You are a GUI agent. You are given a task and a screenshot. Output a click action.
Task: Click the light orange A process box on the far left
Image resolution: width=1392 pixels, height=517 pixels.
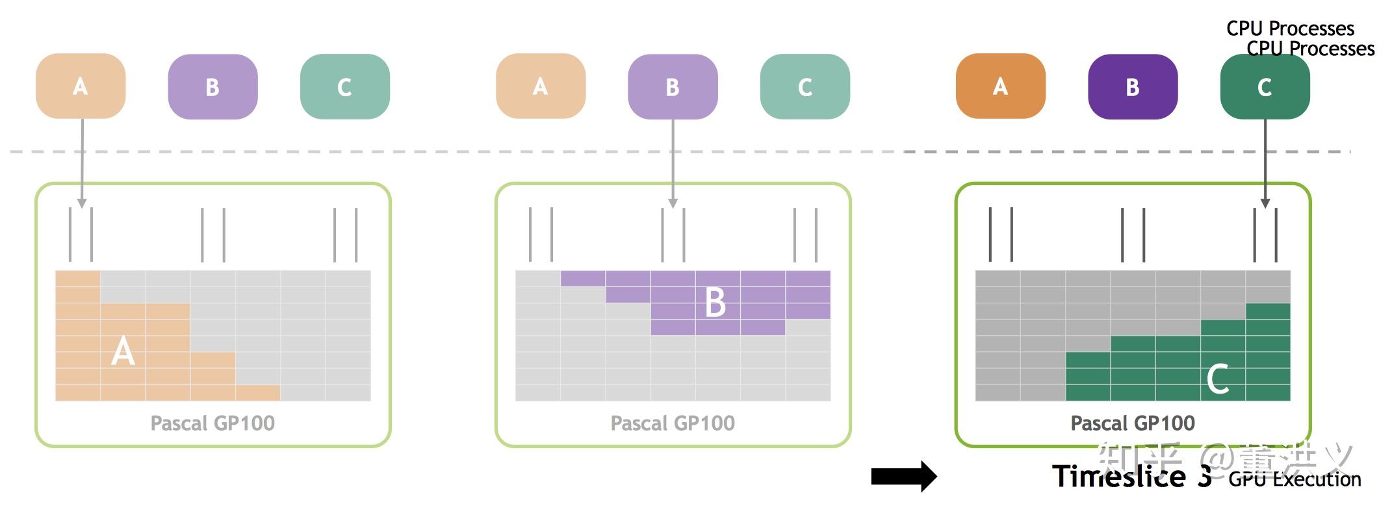click(x=81, y=86)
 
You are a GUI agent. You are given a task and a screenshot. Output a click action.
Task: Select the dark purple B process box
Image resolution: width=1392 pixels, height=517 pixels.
click(x=1132, y=86)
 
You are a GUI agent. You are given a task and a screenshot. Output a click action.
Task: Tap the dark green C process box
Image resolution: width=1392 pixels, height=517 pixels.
click(x=1265, y=86)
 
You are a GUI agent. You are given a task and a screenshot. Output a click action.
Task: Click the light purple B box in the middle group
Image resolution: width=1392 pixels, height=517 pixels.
click(x=673, y=86)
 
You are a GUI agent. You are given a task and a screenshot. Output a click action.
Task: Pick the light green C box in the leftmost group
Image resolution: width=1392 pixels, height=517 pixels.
click(x=344, y=86)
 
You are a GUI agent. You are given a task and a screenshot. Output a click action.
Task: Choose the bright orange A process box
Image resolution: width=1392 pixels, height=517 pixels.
click(x=1000, y=86)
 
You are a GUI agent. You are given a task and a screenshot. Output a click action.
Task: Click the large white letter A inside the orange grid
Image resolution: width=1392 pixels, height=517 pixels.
click(x=123, y=351)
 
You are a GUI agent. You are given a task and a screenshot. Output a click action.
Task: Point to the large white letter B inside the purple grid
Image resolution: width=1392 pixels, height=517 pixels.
click(x=715, y=303)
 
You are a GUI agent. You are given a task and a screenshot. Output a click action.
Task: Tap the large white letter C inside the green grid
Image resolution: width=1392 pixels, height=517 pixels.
click(x=1217, y=379)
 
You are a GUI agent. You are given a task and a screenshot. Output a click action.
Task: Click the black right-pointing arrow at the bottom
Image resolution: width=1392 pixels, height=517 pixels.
click(x=903, y=476)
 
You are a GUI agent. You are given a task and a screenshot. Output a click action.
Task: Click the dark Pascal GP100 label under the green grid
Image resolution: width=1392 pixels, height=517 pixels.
click(x=1133, y=423)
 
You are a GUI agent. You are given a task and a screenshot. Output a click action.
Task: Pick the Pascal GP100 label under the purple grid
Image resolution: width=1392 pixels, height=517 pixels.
click(x=673, y=423)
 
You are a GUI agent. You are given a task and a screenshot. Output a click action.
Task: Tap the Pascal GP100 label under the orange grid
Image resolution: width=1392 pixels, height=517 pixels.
click(x=213, y=423)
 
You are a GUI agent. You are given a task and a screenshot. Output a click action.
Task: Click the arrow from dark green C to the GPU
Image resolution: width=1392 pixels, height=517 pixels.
click(x=1265, y=162)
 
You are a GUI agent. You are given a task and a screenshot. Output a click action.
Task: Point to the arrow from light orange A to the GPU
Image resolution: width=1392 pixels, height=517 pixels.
click(x=82, y=162)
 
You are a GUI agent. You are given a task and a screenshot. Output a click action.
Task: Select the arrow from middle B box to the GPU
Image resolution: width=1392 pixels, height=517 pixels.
click(x=673, y=162)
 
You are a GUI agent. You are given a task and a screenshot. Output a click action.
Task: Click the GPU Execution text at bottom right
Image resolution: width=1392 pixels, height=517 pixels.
click(x=1295, y=479)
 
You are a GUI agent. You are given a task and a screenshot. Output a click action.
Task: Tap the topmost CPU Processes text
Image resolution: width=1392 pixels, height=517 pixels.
click(x=1290, y=28)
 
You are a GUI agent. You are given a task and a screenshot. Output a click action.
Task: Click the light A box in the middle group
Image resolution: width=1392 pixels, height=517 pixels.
click(x=540, y=86)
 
